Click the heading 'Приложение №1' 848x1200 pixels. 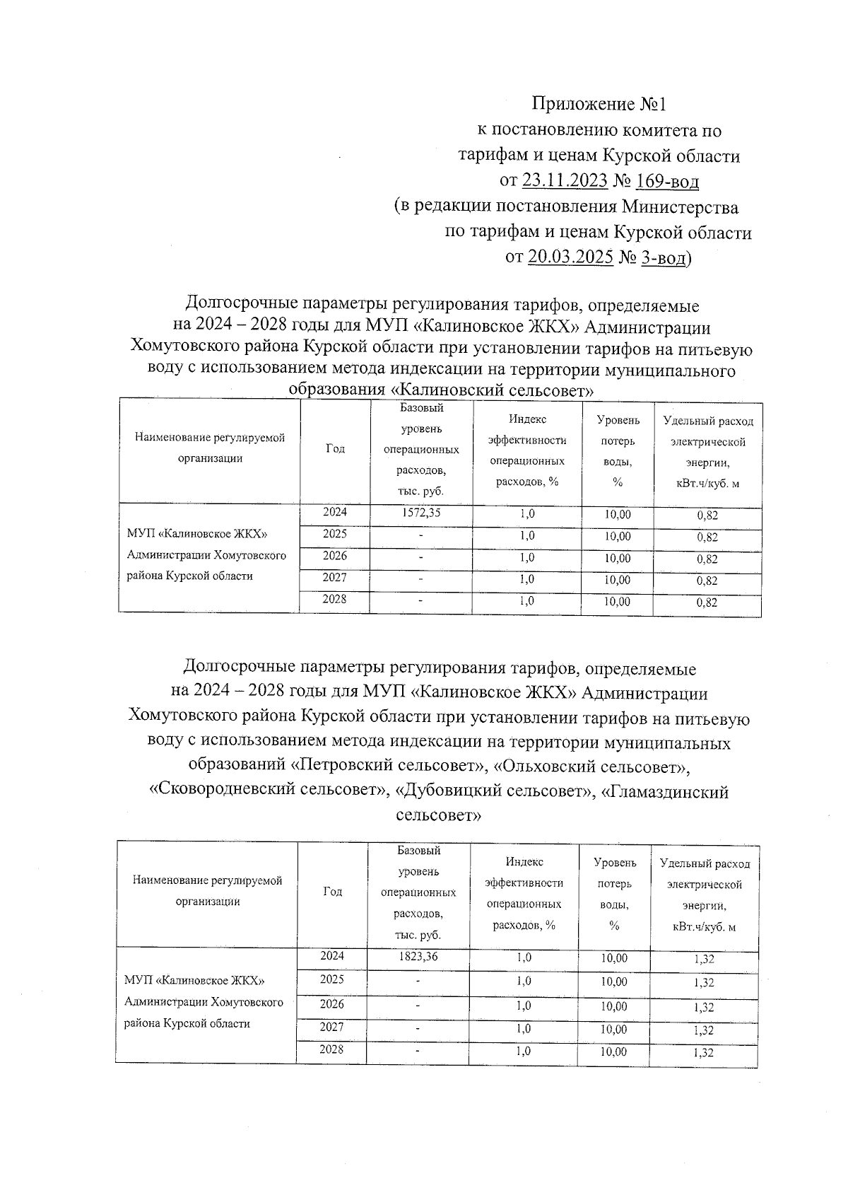tap(599, 105)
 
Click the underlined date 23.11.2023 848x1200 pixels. tap(565, 181)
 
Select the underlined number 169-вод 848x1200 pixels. tap(667, 181)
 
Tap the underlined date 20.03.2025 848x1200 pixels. tap(570, 257)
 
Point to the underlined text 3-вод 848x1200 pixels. tap(663, 258)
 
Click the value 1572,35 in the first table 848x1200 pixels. tap(420, 513)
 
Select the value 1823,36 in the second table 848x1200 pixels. tap(418, 956)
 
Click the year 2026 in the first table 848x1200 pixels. tap(334, 556)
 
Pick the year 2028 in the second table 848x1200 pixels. tap(331, 1049)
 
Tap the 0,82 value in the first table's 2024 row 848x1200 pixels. tap(707, 515)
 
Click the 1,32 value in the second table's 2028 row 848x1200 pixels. tap(704, 1053)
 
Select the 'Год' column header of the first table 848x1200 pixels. tap(335, 448)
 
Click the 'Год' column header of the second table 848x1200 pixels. tap(332, 892)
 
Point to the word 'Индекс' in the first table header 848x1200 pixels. tap(527, 420)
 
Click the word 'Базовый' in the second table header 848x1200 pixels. tap(419, 850)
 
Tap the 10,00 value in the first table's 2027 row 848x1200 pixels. tap(617, 581)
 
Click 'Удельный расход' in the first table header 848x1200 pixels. tap(708, 421)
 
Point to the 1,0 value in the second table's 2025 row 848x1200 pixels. tap(524, 981)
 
